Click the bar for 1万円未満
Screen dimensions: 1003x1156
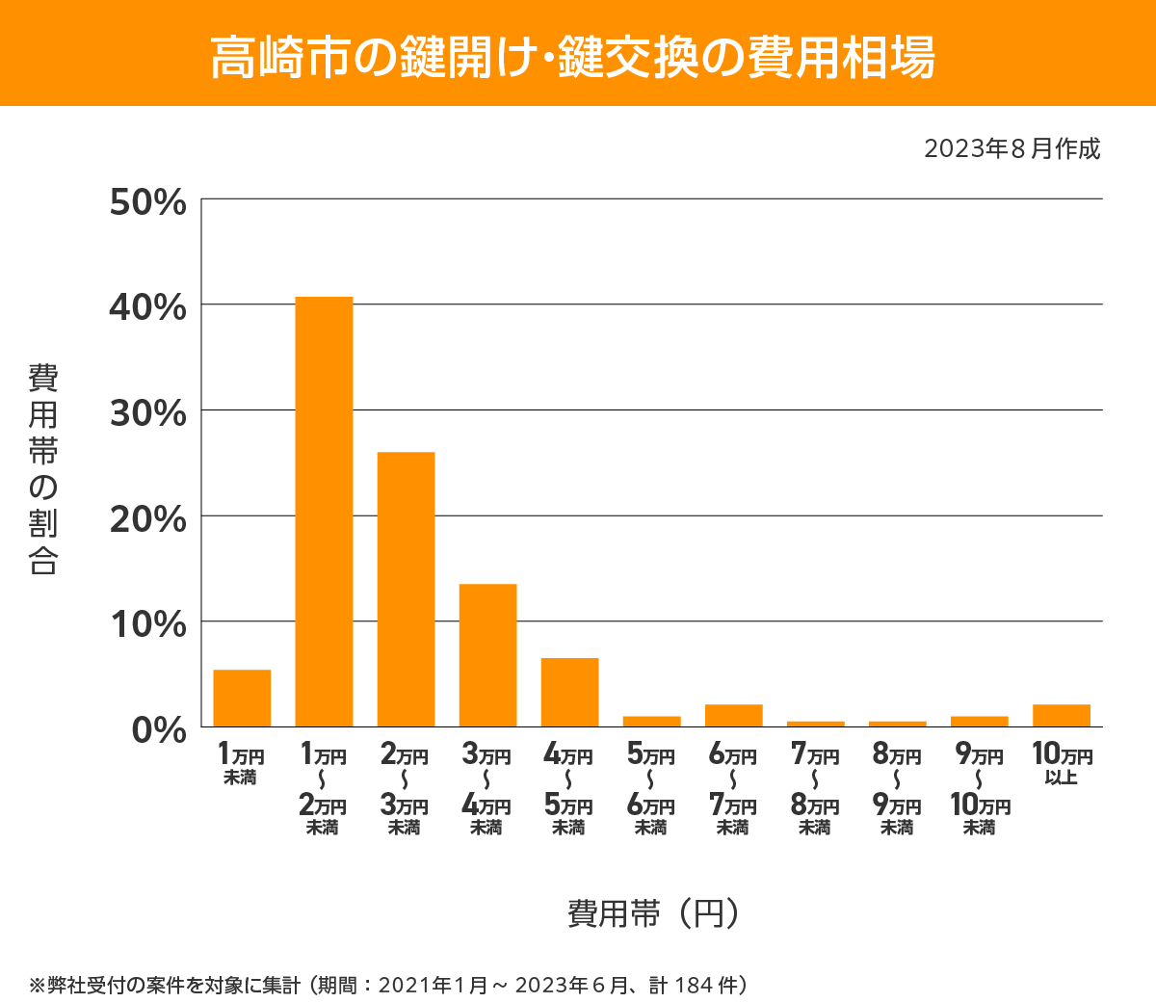pos(242,698)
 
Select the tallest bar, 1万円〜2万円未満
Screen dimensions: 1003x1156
pos(324,512)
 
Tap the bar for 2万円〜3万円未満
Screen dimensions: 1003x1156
pos(406,589)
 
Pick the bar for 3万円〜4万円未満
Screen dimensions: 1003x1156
pos(487,655)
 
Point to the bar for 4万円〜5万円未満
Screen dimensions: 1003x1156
pos(569,692)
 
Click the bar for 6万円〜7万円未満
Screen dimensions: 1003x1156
pos(733,715)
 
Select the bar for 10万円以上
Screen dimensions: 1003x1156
pos(1061,715)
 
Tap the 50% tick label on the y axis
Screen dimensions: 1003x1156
pos(147,202)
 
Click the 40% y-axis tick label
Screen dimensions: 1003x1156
pos(147,307)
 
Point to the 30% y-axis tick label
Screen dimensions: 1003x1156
pos(147,413)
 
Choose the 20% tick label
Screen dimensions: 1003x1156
pos(147,519)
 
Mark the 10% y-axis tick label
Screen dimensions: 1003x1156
pos(147,624)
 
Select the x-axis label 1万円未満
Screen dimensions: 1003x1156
pos(241,764)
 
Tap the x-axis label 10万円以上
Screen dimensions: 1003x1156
pos(1062,764)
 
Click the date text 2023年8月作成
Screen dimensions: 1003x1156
pos(1011,149)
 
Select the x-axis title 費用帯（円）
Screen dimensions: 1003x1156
pos(654,912)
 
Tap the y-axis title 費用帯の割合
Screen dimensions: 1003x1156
pos(43,469)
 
